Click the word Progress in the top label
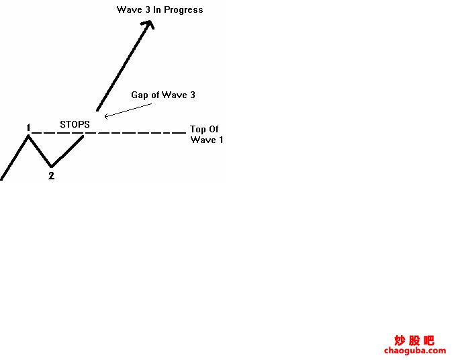(183, 10)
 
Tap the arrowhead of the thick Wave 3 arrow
(148, 24)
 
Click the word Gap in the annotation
(140, 95)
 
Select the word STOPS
(75, 124)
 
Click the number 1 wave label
(28, 128)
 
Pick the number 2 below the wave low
(51, 176)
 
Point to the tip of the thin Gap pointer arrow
(105, 117)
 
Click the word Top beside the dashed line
(197, 130)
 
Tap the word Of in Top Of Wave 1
(214, 129)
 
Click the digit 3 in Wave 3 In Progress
(148, 9)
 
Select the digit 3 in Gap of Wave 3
(193, 95)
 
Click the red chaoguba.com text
(415, 351)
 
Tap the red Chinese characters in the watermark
(414, 341)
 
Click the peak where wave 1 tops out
(28, 136)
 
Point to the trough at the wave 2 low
(52, 167)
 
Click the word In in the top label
(156, 9)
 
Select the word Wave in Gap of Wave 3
(174, 95)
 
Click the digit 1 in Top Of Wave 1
(221, 140)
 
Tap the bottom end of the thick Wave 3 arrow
(97, 110)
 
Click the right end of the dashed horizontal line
(185, 133)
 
